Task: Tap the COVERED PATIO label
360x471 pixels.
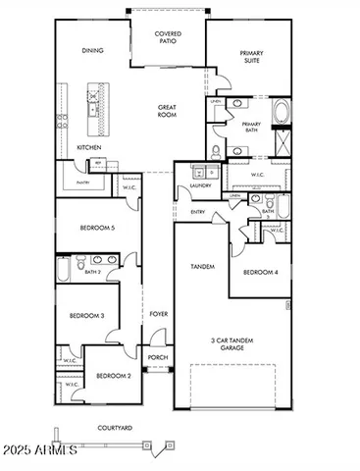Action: pyautogui.click(x=168, y=37)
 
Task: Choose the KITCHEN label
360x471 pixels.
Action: pyautogui.click(x=88, y=148)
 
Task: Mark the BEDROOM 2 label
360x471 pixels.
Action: pyautogui.click(x=113, y=375)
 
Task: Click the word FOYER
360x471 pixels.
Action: pyautogui.click(x=158, y=315)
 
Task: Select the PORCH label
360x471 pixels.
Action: pyautogui.click(x=157, y=358)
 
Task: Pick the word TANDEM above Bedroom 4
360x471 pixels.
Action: pyautogui.click(x=201, y=266)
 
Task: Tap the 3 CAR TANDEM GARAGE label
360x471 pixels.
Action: pyautogui.click(x=231, y=344)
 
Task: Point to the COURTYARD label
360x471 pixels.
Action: pyautogui.click(x=115, y=428)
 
